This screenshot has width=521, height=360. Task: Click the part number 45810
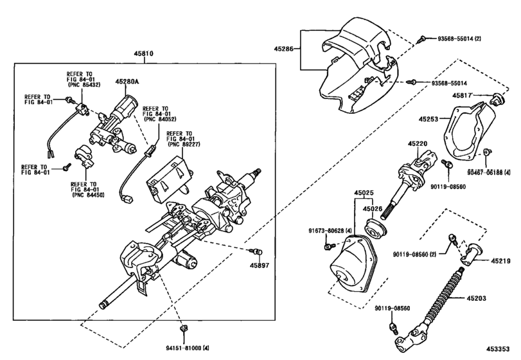143,53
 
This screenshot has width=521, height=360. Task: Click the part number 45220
418,144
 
